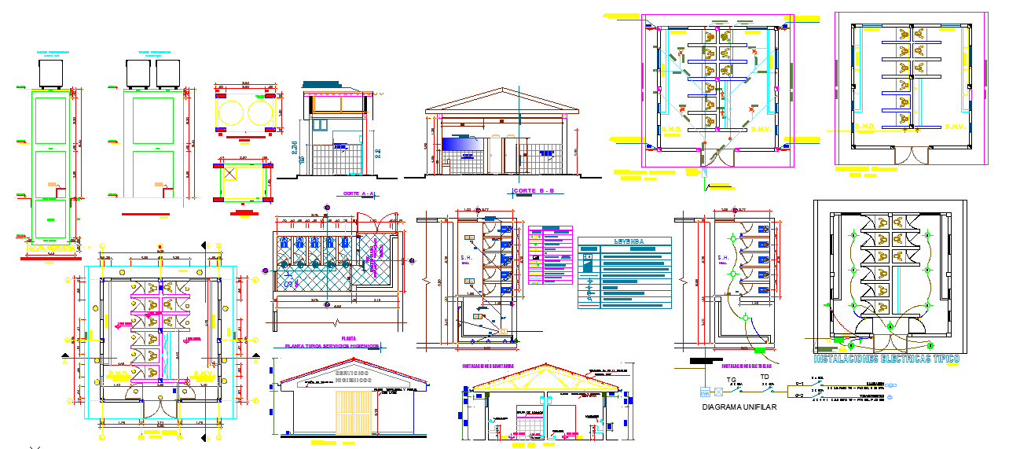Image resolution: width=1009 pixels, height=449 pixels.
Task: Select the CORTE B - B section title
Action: click(x=534, y=191)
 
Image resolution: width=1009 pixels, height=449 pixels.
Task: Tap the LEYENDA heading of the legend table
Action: click(x=624, y=241)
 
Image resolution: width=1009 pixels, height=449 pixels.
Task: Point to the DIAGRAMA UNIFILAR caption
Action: click(x=739, y=407)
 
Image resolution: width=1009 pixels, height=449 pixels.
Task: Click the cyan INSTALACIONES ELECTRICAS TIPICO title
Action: click(x=886, y=359)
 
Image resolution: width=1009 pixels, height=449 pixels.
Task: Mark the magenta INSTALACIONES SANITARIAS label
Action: click(x=489, y=366)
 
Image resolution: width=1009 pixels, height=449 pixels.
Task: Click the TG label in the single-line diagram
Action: click(x=731, y=380)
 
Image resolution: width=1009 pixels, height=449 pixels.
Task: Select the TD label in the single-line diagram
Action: click(x=765, y=377)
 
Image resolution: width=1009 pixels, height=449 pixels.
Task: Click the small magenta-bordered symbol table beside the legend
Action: click(x=551, y=256)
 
